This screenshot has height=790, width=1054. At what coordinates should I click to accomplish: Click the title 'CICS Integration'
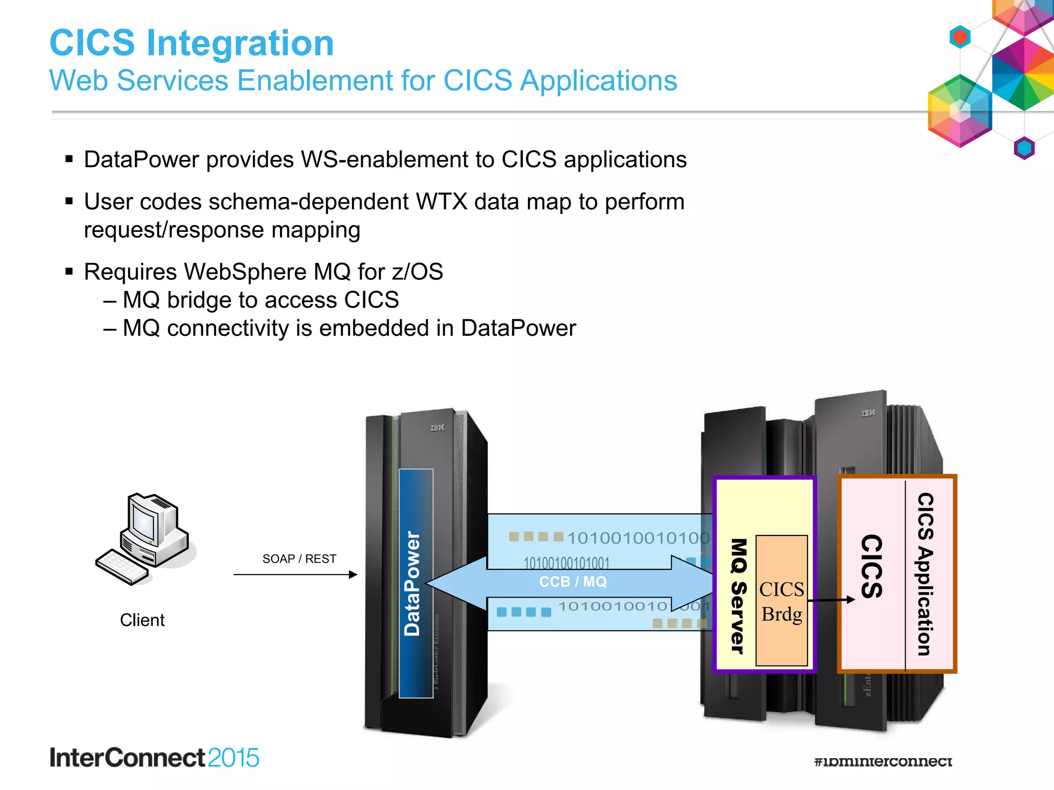point(191,43)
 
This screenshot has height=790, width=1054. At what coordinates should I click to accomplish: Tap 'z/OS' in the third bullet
point(417,272)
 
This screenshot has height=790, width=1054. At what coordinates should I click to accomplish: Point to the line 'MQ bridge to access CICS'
point(260,300)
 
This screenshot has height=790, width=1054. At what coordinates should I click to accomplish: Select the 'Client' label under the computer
point(142,620)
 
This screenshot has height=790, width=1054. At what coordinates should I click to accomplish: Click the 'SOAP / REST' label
point(299,559)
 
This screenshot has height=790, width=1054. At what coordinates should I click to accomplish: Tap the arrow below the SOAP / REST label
point(295,574)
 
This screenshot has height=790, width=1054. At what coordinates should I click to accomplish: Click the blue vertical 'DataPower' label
point(413,583)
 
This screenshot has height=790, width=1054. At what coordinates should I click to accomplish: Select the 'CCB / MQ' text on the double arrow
point(573,582)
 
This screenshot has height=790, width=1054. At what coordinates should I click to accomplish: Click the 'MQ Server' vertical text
point(738,597)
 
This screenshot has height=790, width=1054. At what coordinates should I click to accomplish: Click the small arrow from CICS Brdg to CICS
point(831,600)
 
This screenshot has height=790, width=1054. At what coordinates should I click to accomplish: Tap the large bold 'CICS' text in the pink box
point(872,566)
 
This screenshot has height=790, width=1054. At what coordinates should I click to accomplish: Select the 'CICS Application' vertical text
point(925,574)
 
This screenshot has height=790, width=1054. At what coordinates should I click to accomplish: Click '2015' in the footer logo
point(233,758)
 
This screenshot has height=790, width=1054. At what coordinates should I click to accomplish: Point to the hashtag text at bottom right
point(883,761)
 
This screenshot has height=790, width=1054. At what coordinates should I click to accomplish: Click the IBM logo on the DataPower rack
point(437,427)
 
